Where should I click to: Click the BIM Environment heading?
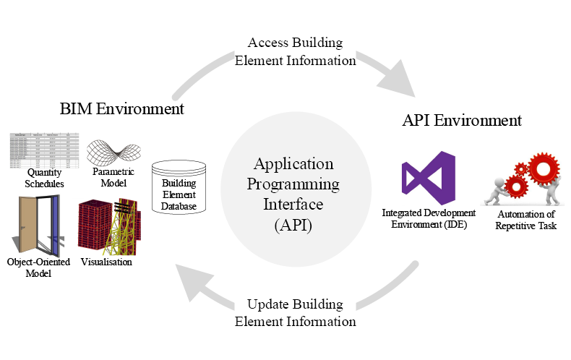coord(121,109)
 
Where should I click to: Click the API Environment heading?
coord(461,120)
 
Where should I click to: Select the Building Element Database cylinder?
coord(178,187)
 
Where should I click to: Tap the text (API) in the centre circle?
coord(293,225)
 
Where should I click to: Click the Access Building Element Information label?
coord(295,51)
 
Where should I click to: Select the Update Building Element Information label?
coord(295,312)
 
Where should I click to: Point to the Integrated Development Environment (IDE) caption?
coord(429,218)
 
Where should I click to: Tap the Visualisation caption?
coord(106,262)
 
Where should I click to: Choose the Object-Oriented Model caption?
coord(37,267)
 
